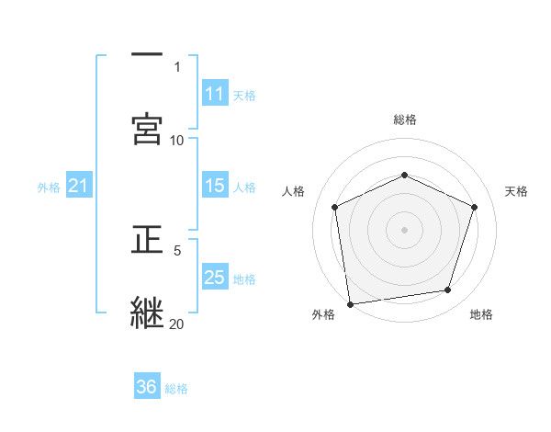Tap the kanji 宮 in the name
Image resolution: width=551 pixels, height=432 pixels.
pyautogui.click(x=147, y=129)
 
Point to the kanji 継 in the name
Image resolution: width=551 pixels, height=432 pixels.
pyautogui.click(x=147, y=312)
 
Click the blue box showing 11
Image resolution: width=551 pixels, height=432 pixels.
pyautogui.click(x=215, y=94)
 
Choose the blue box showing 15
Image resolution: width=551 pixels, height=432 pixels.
pyautogui.click(x=215, y=186)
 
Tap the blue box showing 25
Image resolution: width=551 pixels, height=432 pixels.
pyautogui.click(x=215, y=278)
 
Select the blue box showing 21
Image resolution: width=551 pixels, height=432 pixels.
pyautogui.click(x=79, y=186)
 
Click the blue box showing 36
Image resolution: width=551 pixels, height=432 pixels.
pyautogui.click(x=147, y=387)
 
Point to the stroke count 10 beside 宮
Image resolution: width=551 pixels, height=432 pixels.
pyautogui.click(x=177, y=140)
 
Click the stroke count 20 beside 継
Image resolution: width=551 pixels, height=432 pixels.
pyautogui.click(x=177, y=324)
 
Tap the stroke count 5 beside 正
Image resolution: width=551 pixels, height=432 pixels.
pyautogui.click(x=177, y=249)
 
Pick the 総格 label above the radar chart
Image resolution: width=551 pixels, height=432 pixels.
pyautogui.click(x=405, y=119)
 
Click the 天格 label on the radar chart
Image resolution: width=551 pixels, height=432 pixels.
pyautogui.click(x=516, y=191)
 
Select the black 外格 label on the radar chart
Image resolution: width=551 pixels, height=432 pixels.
pyautogui.click(x=323, y=314)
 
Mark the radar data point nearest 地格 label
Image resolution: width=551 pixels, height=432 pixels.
pyautogui.click(x=448, y=290)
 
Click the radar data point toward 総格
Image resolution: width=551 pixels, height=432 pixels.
pyautogui.click(x=404, y=175)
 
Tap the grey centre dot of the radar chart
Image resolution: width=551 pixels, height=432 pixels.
pyautogui.click(x=404, y=230)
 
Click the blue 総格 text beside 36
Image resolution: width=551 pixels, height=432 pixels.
pyautogui.click(x=176, y=389)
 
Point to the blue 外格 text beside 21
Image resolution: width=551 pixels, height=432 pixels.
pyautogui.click(x=49, y=188)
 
